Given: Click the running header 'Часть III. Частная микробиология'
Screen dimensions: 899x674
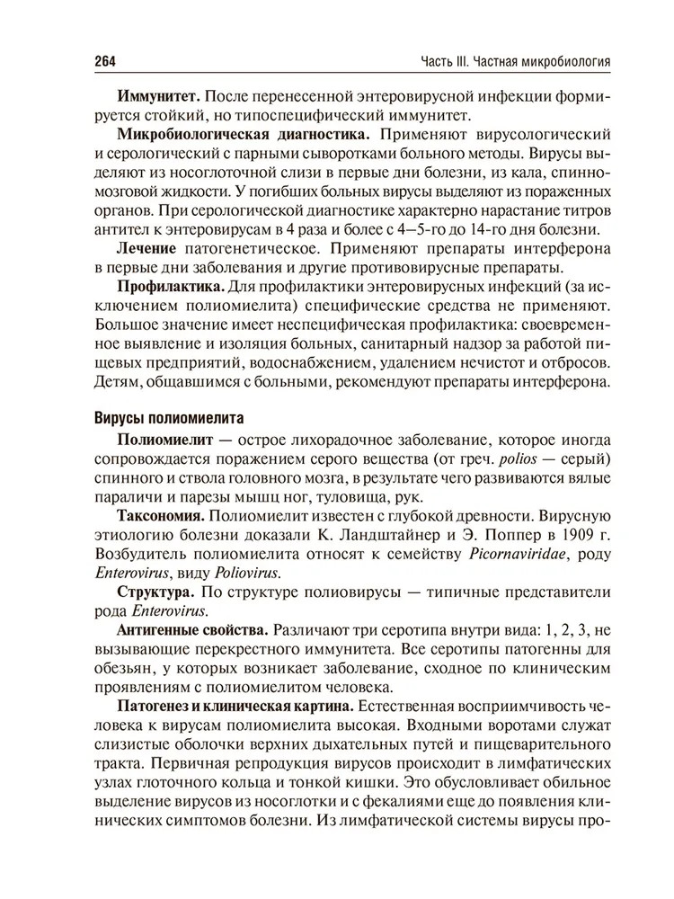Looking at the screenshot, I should click(516, 61).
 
